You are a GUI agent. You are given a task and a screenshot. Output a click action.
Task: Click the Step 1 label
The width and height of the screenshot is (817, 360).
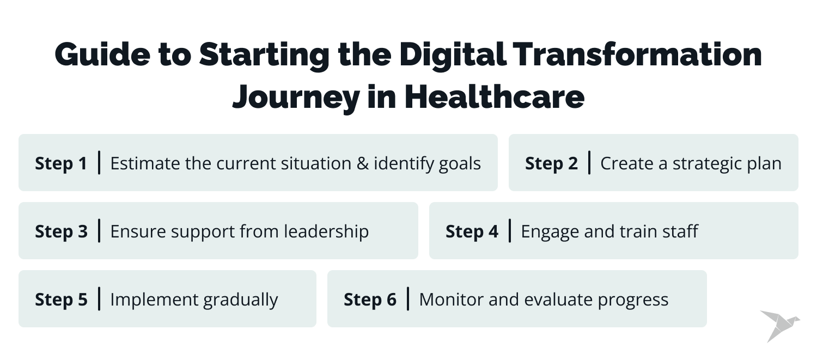(61, 163)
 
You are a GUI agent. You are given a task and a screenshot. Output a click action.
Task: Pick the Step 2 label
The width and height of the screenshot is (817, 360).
(551, 163)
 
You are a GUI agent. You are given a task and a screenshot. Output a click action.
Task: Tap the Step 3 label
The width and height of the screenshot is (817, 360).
(61, 231)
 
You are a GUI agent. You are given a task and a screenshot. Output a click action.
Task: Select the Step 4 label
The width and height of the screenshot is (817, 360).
(472, 231)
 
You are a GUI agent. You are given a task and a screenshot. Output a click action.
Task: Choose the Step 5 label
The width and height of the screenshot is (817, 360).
(61, 300)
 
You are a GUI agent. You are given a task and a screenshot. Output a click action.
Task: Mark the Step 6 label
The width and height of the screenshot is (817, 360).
(370, 300)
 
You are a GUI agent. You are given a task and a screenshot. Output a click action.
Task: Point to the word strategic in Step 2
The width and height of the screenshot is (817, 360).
(709, 163)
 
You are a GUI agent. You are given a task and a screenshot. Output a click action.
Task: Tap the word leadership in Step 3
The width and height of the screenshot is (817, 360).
(326, 231)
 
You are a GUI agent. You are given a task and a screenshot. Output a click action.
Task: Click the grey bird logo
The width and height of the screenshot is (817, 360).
(779, 325)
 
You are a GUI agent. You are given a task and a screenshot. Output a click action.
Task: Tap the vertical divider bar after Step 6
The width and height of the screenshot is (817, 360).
(408, 299)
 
